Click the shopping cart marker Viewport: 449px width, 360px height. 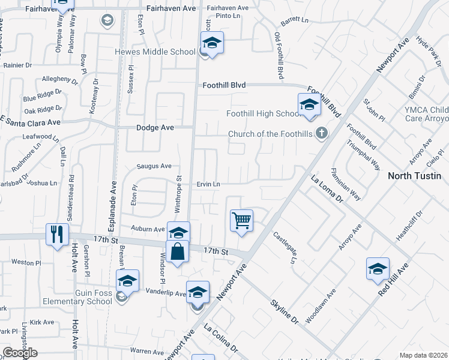coord(241,220)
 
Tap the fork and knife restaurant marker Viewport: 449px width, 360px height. coord(58,234)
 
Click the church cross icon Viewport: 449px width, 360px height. coord(322,133)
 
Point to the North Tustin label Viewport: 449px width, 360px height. coord(415,176)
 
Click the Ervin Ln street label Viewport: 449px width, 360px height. coord(209,184)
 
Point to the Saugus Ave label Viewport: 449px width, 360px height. coord(154,166)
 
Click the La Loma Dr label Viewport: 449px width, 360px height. coord(326,188)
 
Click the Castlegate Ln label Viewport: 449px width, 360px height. coord(285,247)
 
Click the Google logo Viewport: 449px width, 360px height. coord(20,353)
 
